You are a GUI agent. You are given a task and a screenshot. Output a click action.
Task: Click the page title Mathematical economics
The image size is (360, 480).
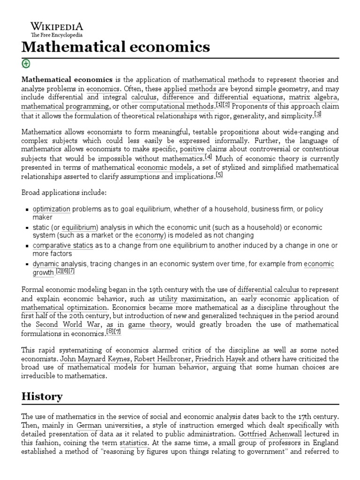click(116, 47)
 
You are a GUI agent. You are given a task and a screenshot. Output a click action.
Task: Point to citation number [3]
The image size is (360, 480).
click(318, 114)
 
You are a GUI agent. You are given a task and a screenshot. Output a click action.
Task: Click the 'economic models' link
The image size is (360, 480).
click(165, 167)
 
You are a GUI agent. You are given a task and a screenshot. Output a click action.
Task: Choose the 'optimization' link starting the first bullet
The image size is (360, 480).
click(52, 209)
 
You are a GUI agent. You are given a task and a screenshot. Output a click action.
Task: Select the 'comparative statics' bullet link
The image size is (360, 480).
click(63, 246)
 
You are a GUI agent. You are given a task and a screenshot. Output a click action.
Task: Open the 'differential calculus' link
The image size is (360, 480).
click(268, 290)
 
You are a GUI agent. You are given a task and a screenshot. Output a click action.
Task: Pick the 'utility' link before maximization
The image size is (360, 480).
click(168, 299)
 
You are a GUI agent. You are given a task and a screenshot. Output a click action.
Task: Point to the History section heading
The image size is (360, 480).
click(42, 396)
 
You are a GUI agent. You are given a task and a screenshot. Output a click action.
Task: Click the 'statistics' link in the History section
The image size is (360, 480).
click(135, 442)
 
